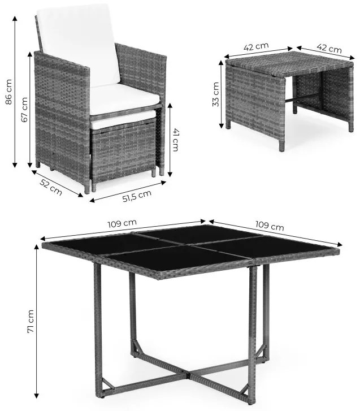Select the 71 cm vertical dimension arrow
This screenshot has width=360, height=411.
click(x=38, y=322)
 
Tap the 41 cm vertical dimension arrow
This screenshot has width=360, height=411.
click(x=167, y=140)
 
